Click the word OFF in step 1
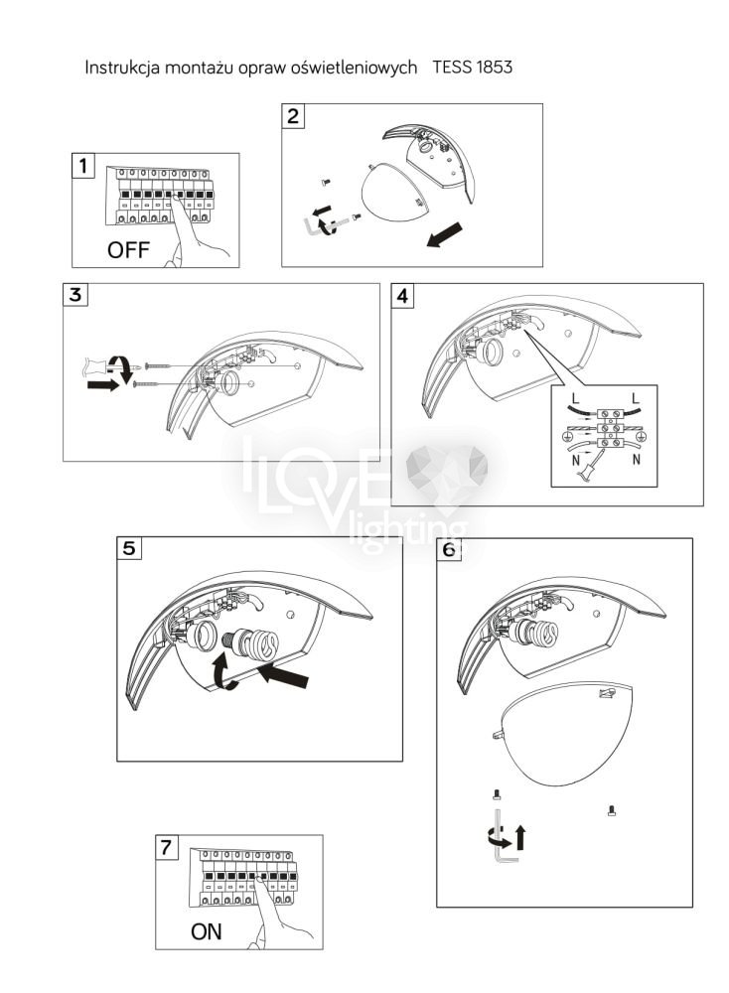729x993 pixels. coord(128,249)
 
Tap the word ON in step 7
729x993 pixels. coord(207,931)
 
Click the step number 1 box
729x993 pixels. coord(83,166)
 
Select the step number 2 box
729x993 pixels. coord(293,116)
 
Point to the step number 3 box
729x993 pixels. coord(75,295)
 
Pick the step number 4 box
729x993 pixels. coord(403,296)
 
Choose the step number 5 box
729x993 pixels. coord(129,548)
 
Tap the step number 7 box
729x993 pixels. coord(167,847)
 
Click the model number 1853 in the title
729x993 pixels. coord(494,68)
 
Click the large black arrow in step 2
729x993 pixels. coord(445,234)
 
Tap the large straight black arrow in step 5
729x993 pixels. coord(285,674)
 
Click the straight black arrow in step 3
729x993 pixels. coord(102,384)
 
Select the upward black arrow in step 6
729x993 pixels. coord(520,837)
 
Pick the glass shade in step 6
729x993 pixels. coord(565,732)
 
